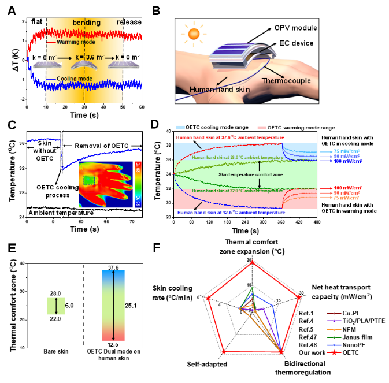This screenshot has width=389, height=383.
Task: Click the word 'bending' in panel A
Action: (x=86, y=22)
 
